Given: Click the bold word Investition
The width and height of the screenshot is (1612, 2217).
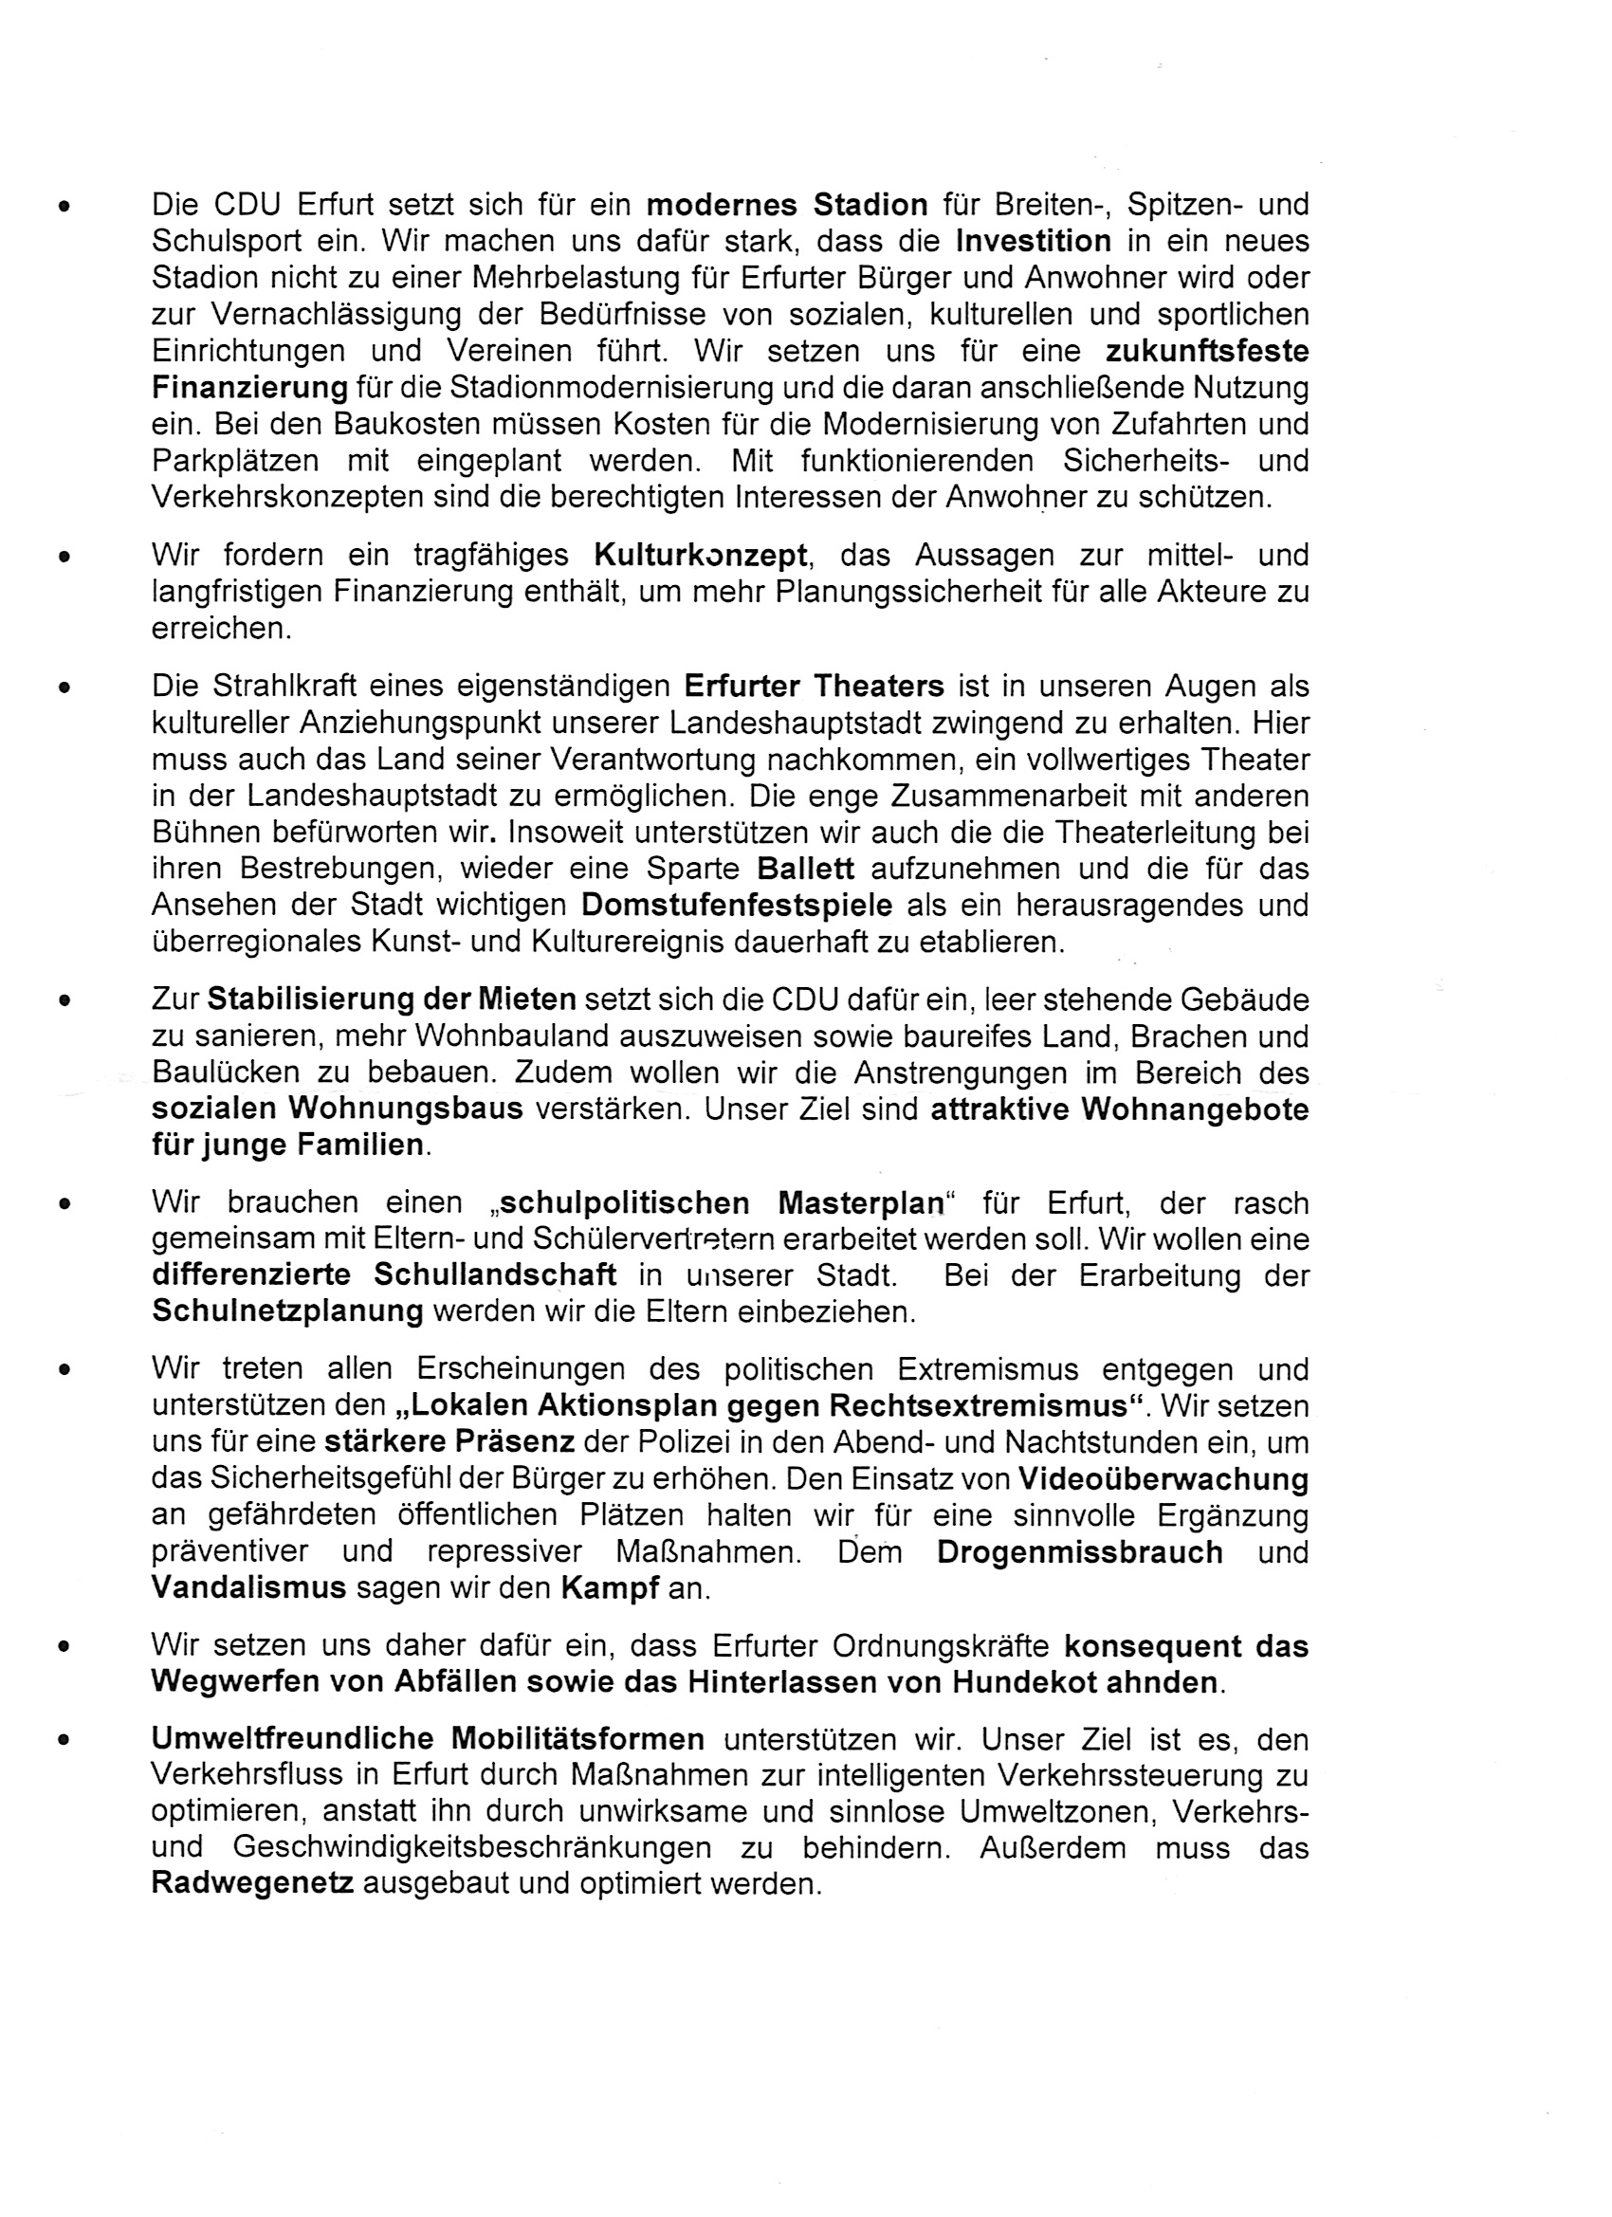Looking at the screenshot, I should click(1034, 242).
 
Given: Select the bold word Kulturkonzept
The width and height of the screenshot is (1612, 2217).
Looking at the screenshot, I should click(701, 557).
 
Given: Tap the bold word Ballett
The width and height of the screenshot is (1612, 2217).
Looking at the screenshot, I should click(805, 869).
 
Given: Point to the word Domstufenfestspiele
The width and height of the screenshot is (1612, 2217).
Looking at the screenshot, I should click(736, 906).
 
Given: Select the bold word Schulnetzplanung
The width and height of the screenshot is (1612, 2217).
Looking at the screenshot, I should click(287, 1311).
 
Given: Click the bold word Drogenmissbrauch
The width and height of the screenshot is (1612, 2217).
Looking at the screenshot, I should click(1079, 1552).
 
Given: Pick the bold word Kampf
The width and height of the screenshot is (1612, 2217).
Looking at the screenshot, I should click(610, 1588).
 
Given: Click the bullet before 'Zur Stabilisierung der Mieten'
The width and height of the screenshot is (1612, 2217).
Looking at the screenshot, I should click(64, 1001).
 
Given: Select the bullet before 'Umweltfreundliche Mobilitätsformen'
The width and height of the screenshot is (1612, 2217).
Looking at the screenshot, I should click(64, 1741).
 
